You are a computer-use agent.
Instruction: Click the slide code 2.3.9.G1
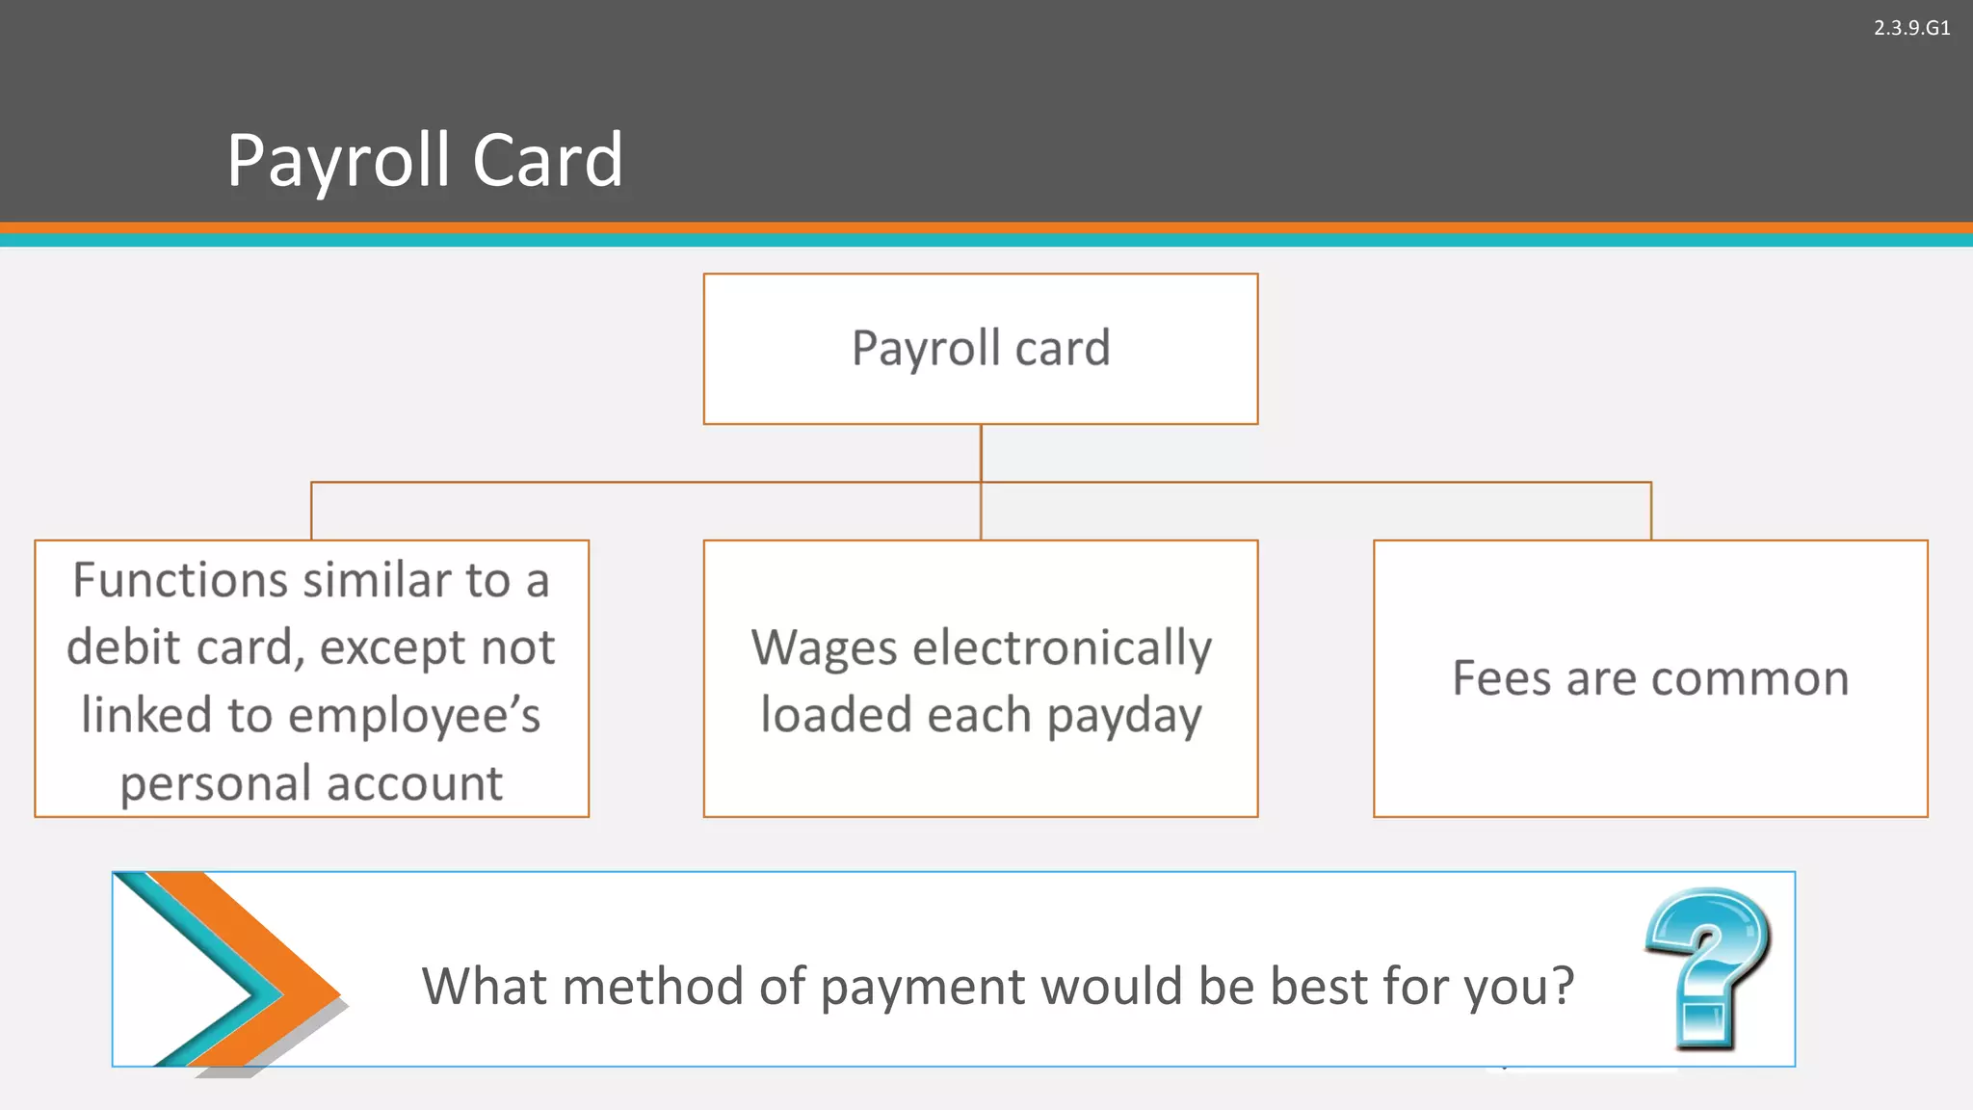1911,28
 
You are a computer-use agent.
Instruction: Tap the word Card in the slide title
547,160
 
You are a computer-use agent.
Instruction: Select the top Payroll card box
981,349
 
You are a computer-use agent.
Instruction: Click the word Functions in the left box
180,580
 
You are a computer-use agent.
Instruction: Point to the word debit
124,647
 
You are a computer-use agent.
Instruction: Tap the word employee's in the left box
414,715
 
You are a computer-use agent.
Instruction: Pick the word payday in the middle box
1124,716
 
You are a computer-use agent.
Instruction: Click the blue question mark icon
1707,967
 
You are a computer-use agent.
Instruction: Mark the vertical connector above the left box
311,511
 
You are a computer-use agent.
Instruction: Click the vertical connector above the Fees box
1650,511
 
